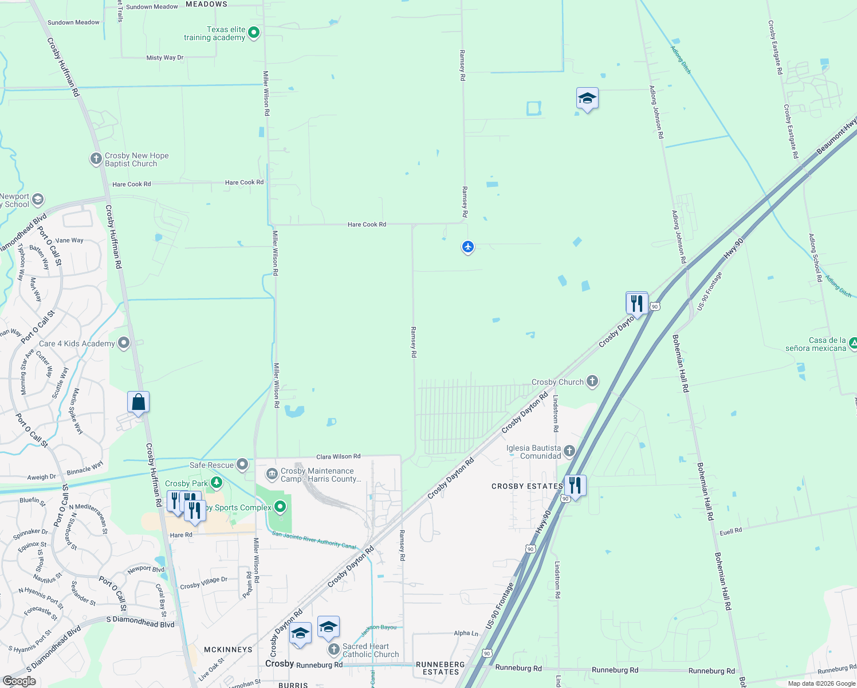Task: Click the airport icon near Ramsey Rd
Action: pyautogui.click(x=468, y=247)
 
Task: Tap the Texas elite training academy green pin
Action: pyautogui.click(x=254, y=33)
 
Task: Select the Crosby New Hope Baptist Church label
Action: pyautogui.click(x=136, y=159)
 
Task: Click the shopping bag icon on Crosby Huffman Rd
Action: pyautogui.click(x=138, y=402)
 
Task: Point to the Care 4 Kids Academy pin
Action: pyautogui.click(x=124, y=343)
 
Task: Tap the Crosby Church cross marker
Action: pyautogui.click(x=592, y=381)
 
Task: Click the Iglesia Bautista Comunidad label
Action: pyautogui.click(x=533, y=452)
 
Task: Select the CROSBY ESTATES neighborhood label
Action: pyautogui.click(x=527, y=486)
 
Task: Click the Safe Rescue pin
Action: pyautogui.click(x=242, y=464)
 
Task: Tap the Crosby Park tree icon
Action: pyautogui.click(x=216, y=483)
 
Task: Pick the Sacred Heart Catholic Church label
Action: pyautogui.click(x=370, y=650)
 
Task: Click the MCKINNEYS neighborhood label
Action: pyautogui.click(x=228, y=650)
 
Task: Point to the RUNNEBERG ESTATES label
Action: pyautogui.click(x=441, y=668)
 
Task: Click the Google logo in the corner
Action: pyautogui.click(x=19, y=681)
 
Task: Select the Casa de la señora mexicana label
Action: pyautogui.click(x=815, y=344)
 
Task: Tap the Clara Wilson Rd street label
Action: pyautogui.click(x=338, y=456)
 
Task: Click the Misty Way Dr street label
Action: pyautogui.click(x=165, y=57)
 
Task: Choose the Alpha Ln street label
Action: pyautogui.click(x=466, y=634)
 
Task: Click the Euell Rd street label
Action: pyautogui.click(x=730, y=531)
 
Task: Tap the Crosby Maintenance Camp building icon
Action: pyautogui.click(x=272, y=474)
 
